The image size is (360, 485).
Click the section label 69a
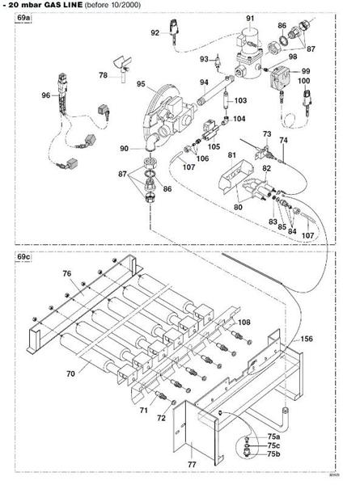(23, 18)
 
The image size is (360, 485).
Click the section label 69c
(23, 257)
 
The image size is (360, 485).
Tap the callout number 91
(250, 18)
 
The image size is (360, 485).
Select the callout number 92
(155, 32)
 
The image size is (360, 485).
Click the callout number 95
(141, 84)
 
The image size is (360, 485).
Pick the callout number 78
(104, 74)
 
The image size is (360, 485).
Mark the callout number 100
(305, 82)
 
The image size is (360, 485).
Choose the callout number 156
(307, 339)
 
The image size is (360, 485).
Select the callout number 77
(192, 466)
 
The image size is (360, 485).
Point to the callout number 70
(70, 374)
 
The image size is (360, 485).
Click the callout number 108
(244, 323)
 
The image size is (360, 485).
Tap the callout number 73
(267, 132)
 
